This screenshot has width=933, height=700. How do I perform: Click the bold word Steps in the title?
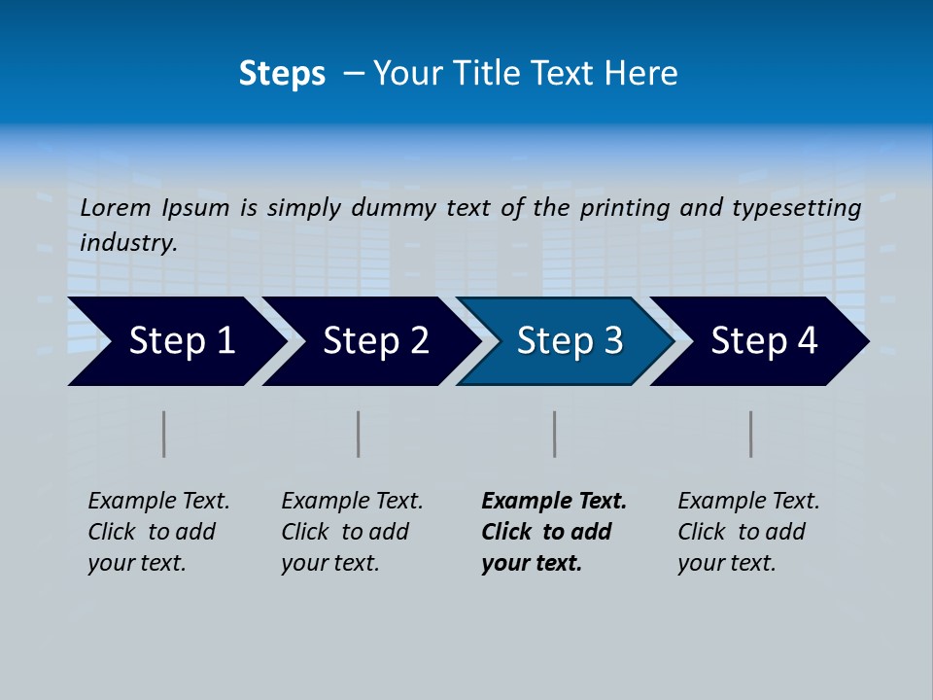(x=282, y=74)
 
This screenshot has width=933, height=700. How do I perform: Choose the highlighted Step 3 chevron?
(x=570, y=341)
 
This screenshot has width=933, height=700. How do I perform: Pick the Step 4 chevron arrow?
(x=764, y=341)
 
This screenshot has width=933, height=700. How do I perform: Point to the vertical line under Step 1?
(x=164, y=434)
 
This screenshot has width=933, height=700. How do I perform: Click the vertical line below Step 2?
(x=359, y=434)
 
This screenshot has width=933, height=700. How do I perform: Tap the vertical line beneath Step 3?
(x=554, y=434)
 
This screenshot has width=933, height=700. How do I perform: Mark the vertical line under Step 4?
(x=750, y=434)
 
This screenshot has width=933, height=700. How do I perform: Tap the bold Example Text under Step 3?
(x=554, y=502)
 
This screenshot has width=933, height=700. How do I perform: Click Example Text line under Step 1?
(x=158, y=502)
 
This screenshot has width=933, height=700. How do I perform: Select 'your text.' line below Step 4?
(x=727, y=563)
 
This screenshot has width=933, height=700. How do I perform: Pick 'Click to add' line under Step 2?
(x=345, y=532)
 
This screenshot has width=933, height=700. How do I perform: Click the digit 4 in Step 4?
(x=807, y=341)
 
